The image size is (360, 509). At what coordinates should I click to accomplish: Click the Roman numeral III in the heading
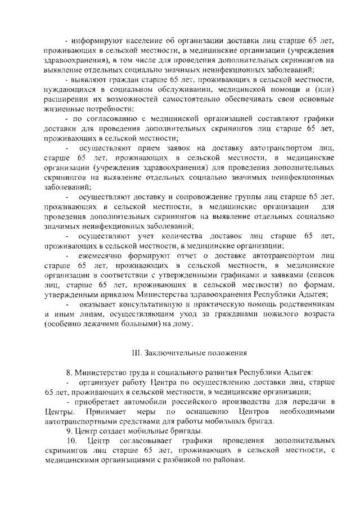136,353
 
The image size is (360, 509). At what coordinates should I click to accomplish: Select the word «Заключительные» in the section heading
172,353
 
